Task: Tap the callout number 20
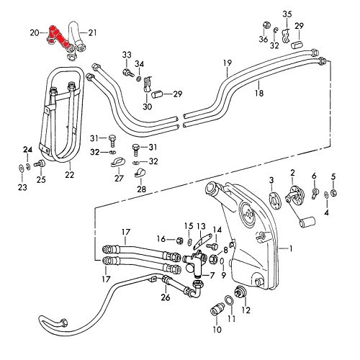[x=35, y=32]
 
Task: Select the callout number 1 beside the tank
[x=291, y=248]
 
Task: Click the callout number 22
[x=70, y=175]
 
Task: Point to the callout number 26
[x=166, y=297]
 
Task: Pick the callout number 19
[x=228, y=63]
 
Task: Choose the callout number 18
[x=259, y=93]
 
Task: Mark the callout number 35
[x=287, y=14]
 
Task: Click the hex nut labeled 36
[x=266, y=24]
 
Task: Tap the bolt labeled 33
[x=128, y=72]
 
